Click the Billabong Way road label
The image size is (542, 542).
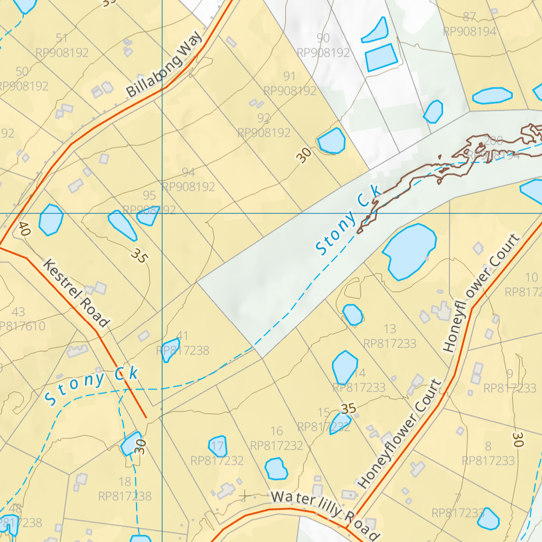click(164, 65)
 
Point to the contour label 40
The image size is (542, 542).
click(23, 229)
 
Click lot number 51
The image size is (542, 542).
click(62, 38)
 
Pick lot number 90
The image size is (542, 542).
click(323, 38)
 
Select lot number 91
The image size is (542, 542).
click(290, 76)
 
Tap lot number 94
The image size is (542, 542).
click(188, 172)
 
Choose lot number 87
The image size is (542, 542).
click(469, 17)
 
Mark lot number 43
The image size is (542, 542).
click(18, 312)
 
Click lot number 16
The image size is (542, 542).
click(276, 431)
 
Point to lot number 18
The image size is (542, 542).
click(125, 482)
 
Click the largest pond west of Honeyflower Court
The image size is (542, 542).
click(409, 251)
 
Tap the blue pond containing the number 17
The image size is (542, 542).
click(218, 446)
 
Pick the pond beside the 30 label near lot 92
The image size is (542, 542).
click(332, 141)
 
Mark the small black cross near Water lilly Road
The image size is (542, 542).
click(245, 496)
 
